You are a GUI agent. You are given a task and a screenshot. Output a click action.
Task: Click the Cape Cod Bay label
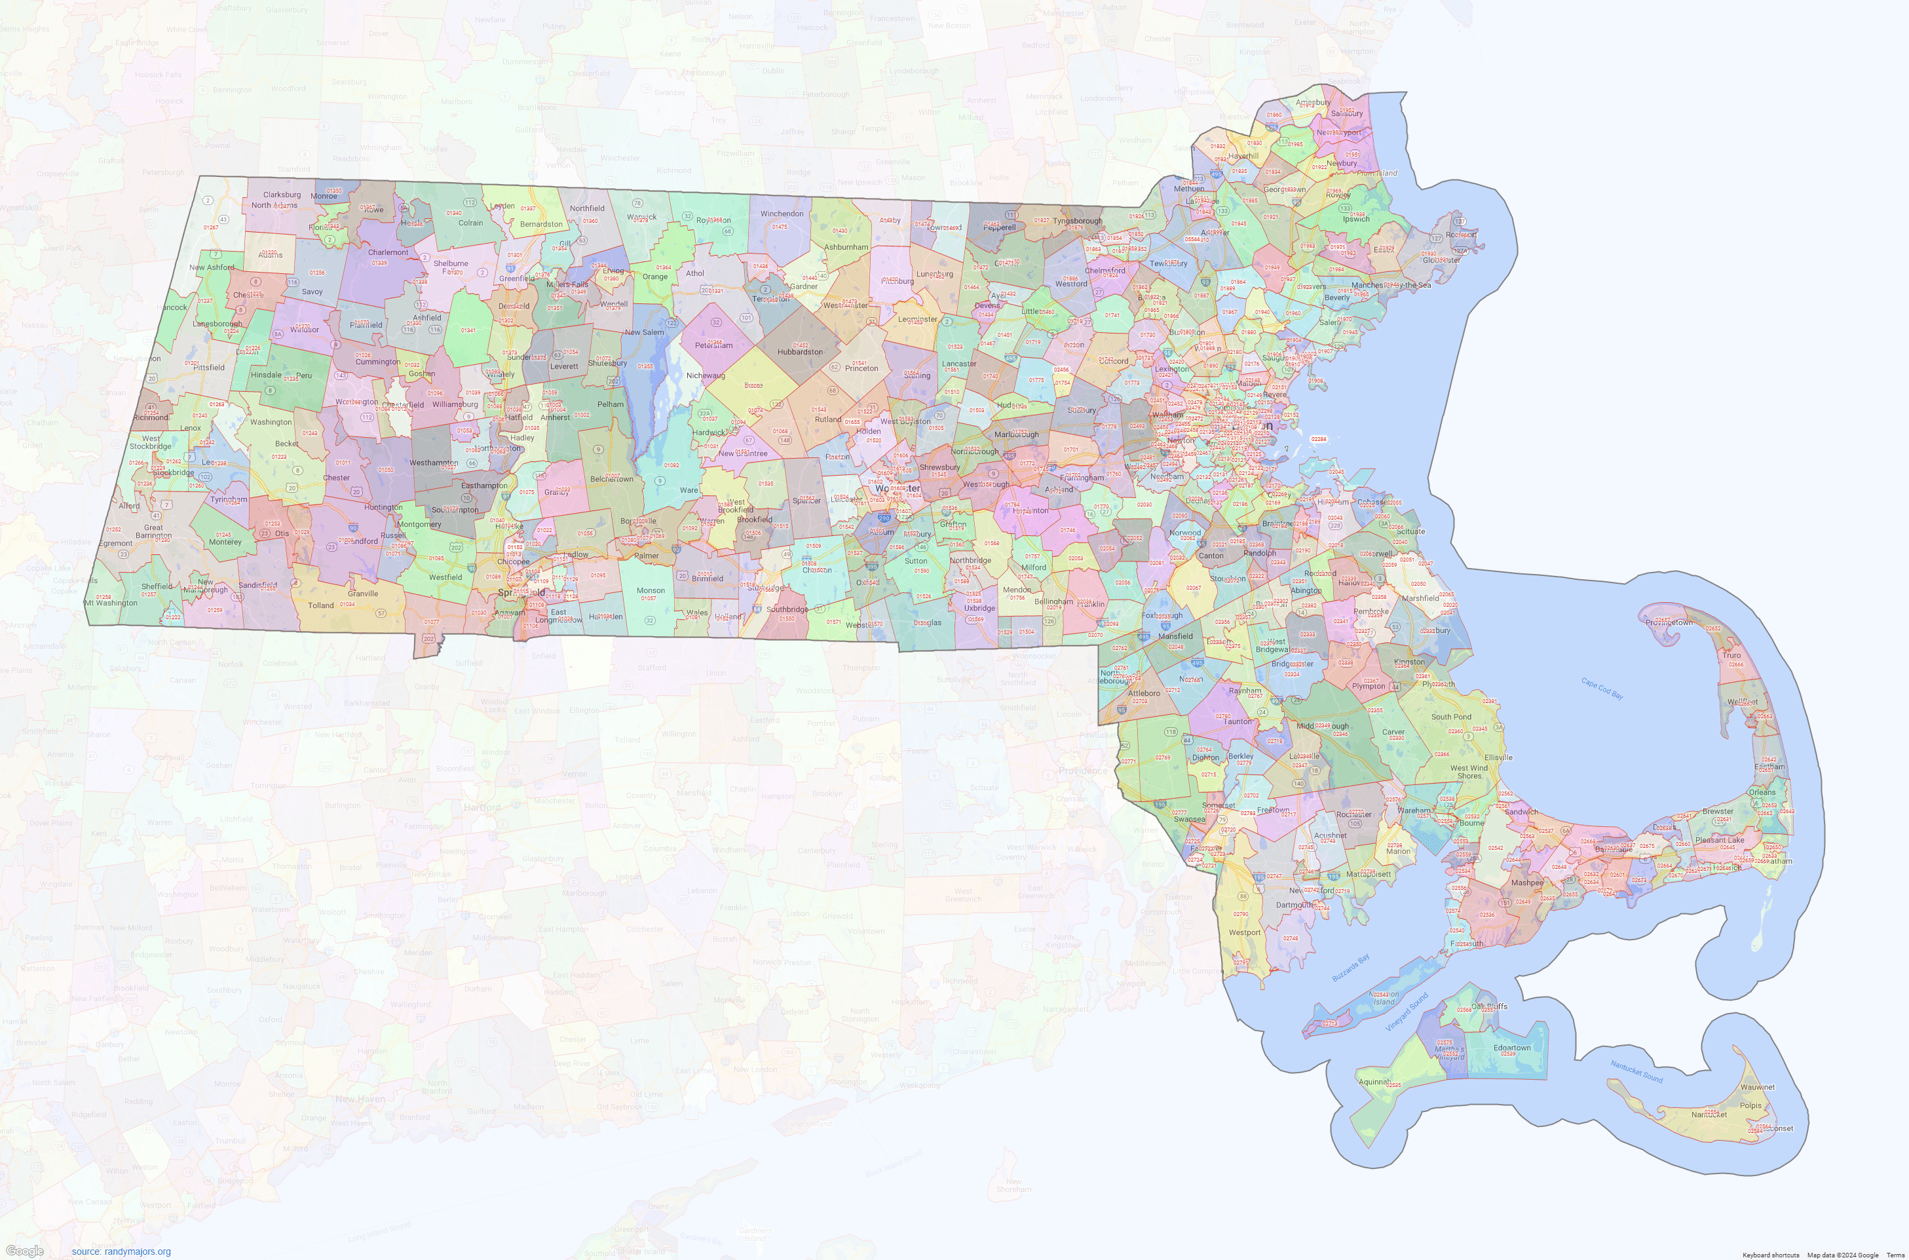click(1602, 689)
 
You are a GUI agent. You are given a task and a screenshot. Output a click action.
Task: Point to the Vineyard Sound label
click(1407, 1012)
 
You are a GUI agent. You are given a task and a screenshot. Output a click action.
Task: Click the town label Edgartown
click(1512, 1048)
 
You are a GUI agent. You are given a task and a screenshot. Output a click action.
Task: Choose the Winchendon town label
click(782, 214)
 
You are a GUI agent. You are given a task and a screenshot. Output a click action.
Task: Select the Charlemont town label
click(388, 252)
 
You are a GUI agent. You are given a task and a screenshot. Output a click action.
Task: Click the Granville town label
click(363, 594)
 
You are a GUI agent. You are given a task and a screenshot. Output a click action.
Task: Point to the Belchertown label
click(613, 479)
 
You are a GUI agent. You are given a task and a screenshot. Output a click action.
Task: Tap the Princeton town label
click(861, 369)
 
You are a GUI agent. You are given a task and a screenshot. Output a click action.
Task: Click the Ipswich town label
click(1356, 220)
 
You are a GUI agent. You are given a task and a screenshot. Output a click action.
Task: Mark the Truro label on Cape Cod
click(1731, 656)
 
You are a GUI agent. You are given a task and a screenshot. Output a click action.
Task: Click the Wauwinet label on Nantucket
click(1757, 1087)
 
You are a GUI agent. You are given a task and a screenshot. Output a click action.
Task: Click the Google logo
click(24, 1250)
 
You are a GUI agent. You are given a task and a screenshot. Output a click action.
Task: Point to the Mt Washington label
click(111, 603)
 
